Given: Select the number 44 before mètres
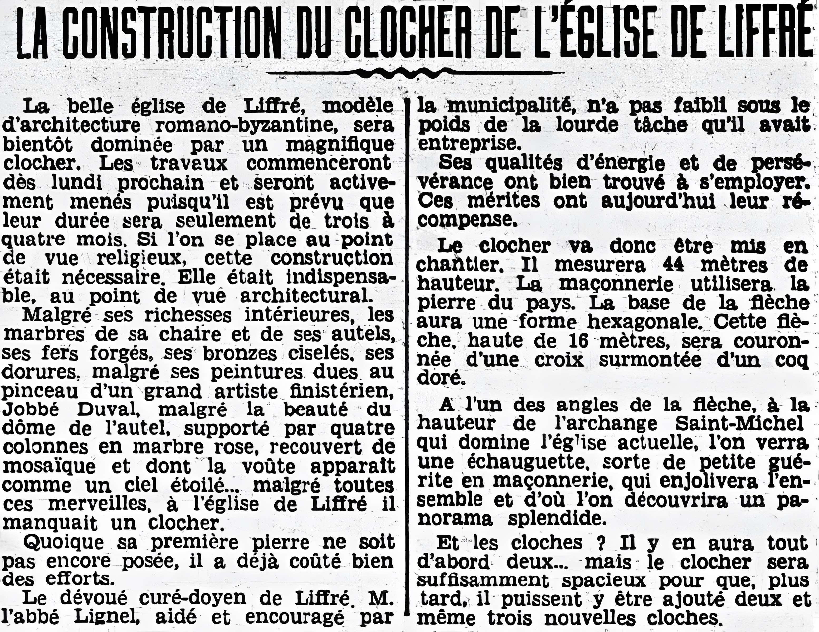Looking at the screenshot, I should [673, 265].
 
